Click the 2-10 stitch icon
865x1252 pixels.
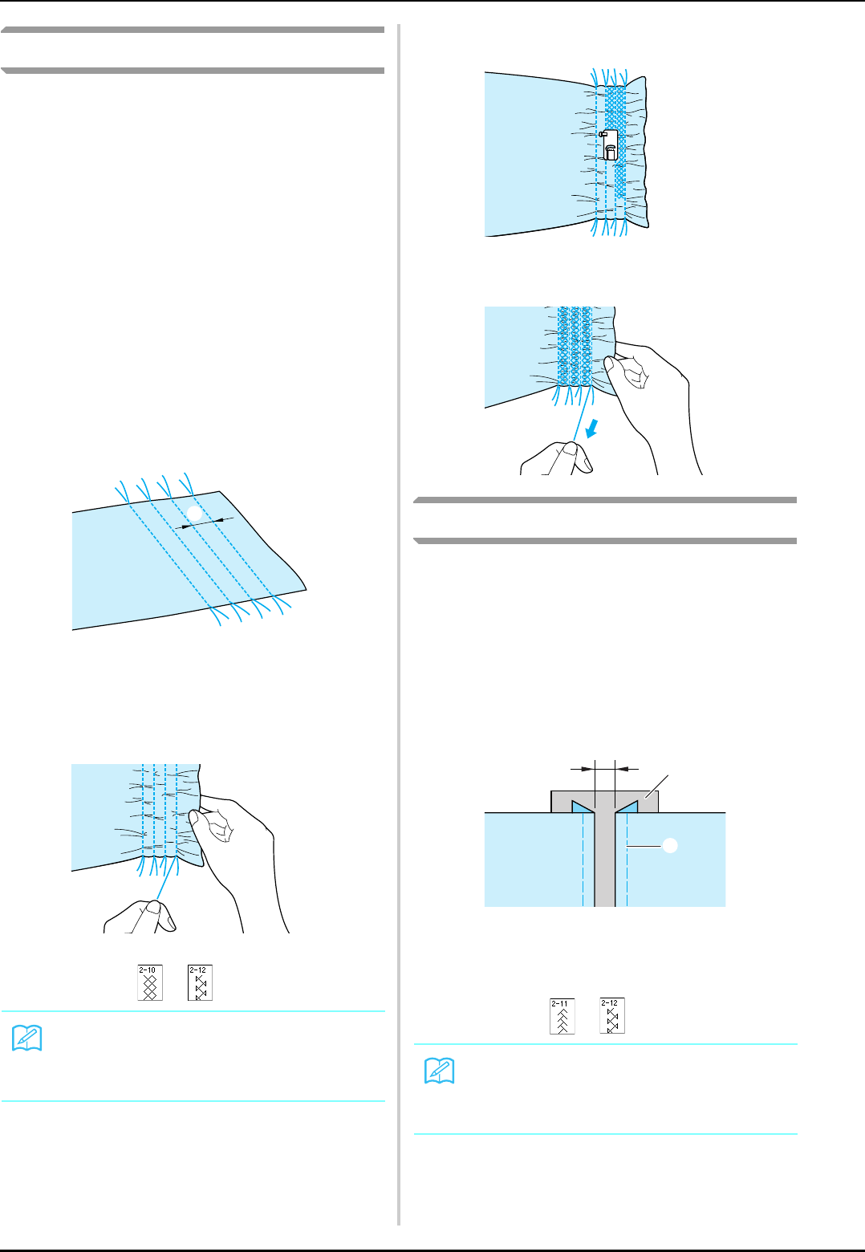pos(149,982)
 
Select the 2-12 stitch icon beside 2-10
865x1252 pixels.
pos(200,982)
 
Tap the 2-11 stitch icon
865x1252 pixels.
pos(562,1016)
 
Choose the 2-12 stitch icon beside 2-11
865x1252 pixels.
pos(611,1016)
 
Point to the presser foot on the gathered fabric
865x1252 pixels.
pos(609,144)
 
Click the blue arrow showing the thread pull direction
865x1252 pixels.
pos(593,432)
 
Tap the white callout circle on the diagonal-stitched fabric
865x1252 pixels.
pos(193,512)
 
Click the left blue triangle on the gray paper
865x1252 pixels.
pos(582,806)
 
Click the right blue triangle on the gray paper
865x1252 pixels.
pos(627,806)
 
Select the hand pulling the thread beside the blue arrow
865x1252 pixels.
pos(558,458)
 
